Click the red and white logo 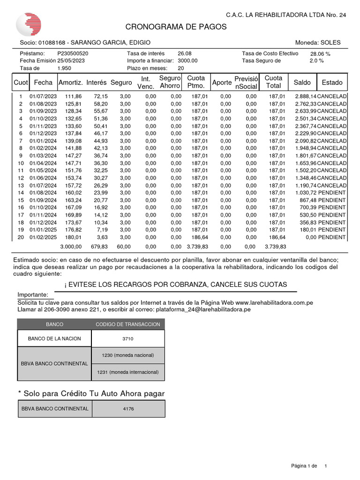(x=29, y=24)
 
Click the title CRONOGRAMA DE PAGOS (x=176, y=27)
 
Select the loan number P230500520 (x=73, y=53)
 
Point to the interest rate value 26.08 (x=184, y=53)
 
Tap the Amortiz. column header (x=70, y=82)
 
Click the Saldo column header (x=302, y=82)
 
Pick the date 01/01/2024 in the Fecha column (x=43, y=141)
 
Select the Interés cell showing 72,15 (x=101, y=97)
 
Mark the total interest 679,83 (x=99, y=247)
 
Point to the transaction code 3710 (x=128, y=338)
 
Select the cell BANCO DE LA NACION (x=54, y=338)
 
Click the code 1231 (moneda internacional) (x=128, y=372)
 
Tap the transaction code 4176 (x=128, y=409)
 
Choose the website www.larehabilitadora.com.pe (x=274, y=303)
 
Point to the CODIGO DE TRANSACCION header (x=128, y=324)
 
